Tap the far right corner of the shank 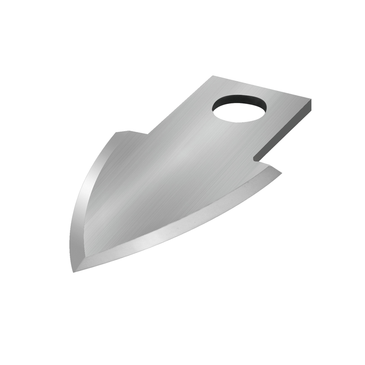(312, 99)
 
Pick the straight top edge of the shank (260, 87)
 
